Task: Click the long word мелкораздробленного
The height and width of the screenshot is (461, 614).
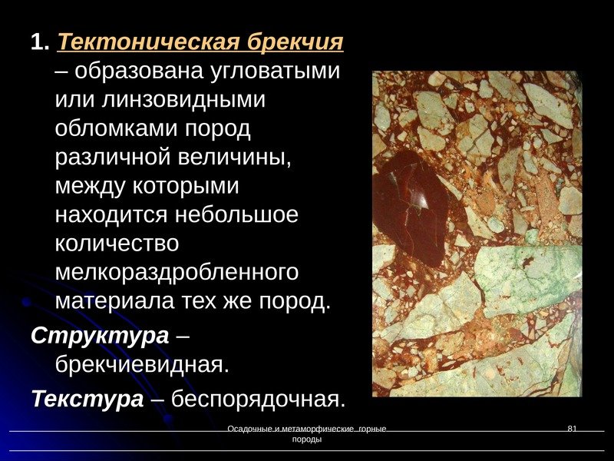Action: point(177,272)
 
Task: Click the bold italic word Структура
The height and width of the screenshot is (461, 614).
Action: point(100,337)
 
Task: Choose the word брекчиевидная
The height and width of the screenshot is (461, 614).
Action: point(142,363)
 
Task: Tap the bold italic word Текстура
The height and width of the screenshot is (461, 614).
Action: point(87,399)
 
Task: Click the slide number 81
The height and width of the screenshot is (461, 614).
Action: point(571,428)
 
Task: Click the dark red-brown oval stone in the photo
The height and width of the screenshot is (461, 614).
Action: point(410,208)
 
